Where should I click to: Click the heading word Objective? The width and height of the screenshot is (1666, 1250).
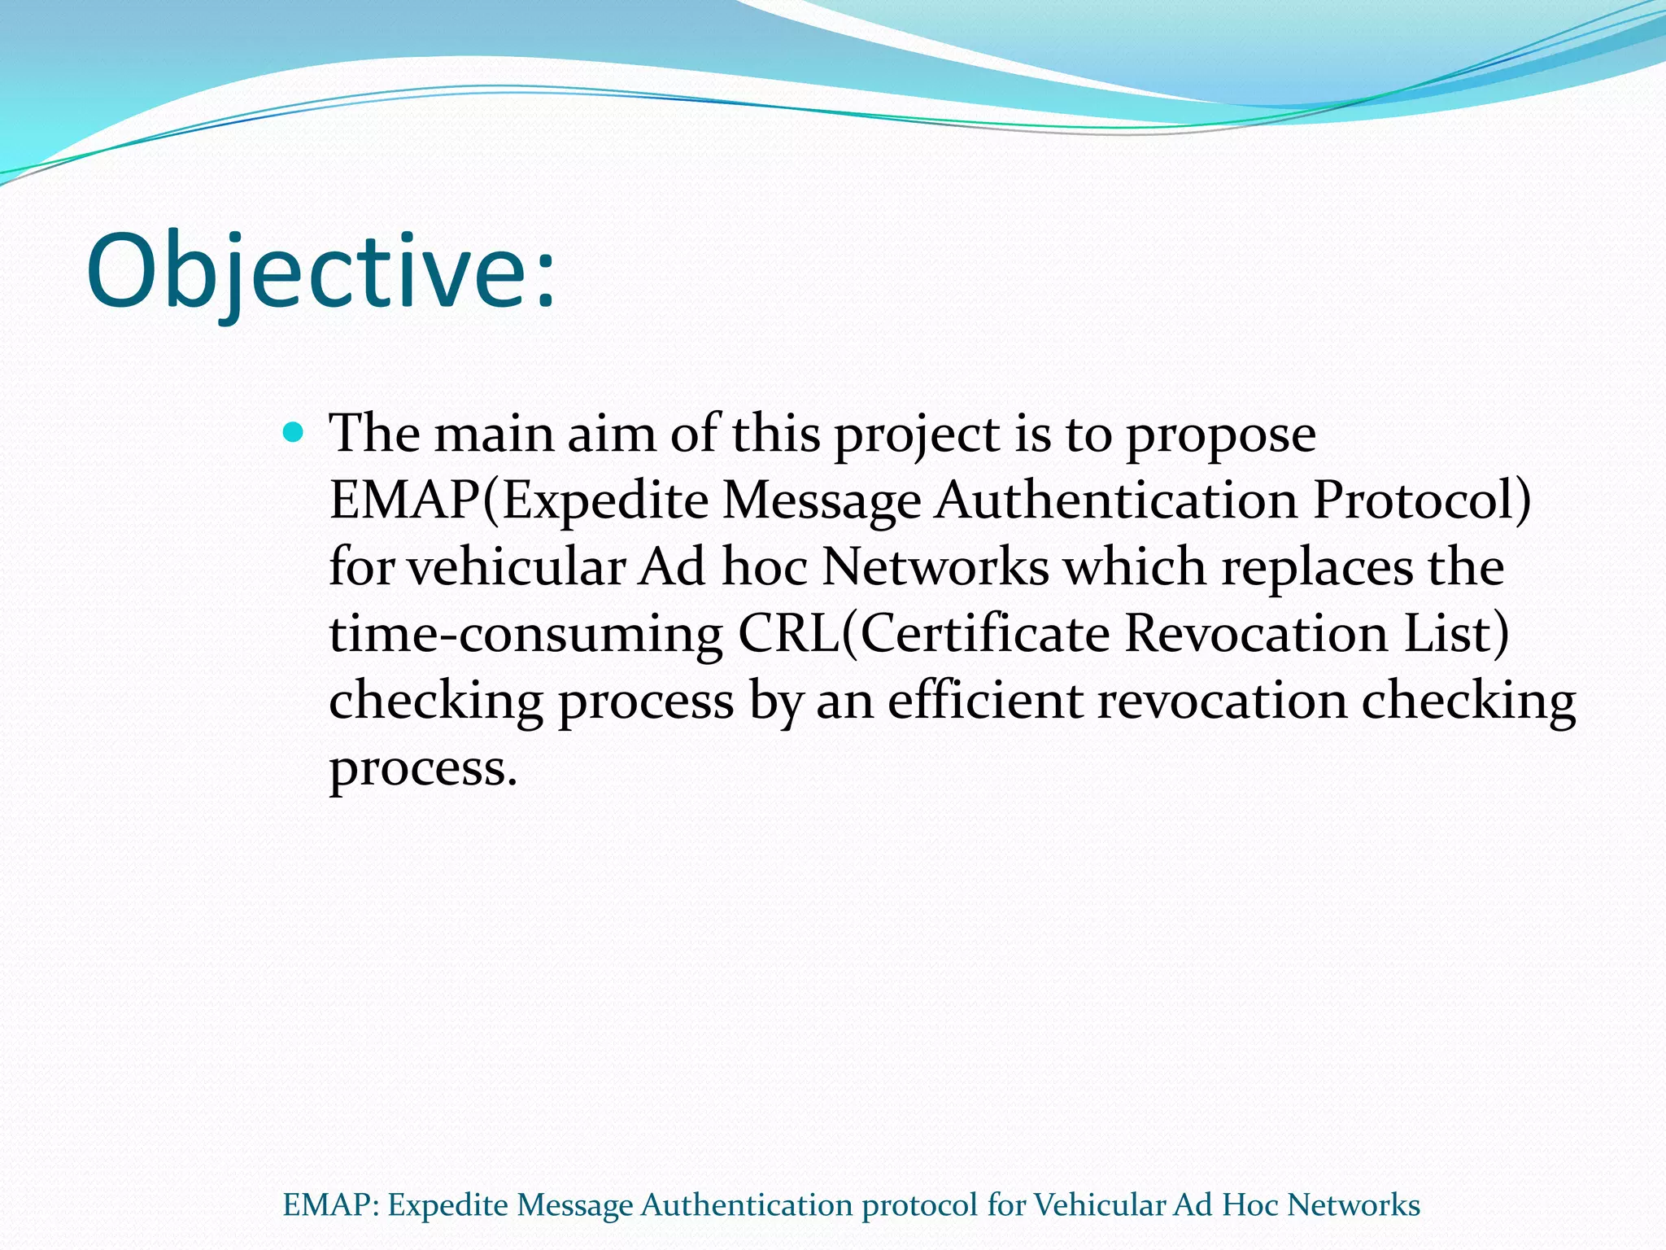[x=321, y=271]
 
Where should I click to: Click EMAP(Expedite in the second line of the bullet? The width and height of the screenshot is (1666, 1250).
[x=518, y=500]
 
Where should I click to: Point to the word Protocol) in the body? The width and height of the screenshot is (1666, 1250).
[x=1421, y=500]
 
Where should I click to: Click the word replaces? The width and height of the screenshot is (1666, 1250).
[x=1317, y=568]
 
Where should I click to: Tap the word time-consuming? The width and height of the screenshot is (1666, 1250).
[x=526, y=634]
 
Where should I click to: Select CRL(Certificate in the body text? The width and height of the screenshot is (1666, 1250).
[x=923, y=634]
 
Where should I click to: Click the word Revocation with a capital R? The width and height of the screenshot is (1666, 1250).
[x=1256, y=634]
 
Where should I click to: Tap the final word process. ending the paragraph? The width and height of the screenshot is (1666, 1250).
[x=423, y=769]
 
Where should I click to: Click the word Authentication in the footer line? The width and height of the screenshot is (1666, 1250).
[x=746, y=1204]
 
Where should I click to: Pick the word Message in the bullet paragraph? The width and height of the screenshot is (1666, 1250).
[x=822, y=500]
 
